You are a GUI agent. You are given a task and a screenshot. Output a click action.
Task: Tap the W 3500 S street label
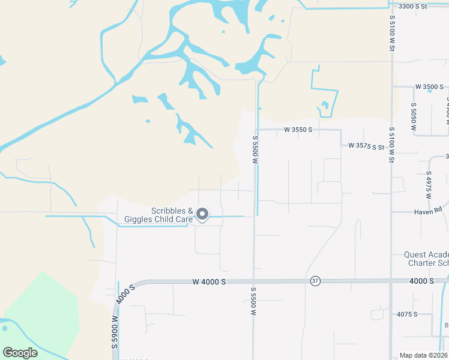pyautogui.click(x=428, y=87)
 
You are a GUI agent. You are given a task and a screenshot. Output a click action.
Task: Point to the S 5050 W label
pyautogui.click(x=414, y=118)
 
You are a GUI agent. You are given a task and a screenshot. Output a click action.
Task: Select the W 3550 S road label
pyautogui.click(x=298, y=130)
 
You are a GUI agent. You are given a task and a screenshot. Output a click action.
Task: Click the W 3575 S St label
pyautogui.click(x=366, y=146)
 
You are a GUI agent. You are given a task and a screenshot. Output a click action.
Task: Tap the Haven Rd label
pyautogui.click(x=428, y=211)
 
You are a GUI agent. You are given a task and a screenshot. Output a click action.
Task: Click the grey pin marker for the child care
pyautogui.click(x=203, y=214)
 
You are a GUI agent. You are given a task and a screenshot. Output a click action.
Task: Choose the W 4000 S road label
pyautogui.click(x=209, y=281)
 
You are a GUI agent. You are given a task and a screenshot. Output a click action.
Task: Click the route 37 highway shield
pyautogui.click(x=315, y=281)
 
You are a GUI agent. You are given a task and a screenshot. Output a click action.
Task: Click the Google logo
pyautogui.click(x=20, y=353)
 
